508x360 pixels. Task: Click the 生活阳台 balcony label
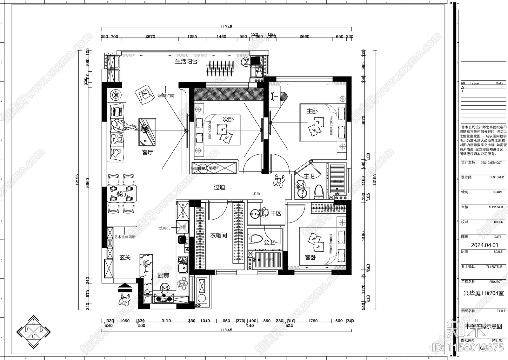click(x=186, y=62)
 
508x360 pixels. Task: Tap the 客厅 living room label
click(x=147, y=152)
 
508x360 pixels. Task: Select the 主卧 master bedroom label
click(x=312, y=111)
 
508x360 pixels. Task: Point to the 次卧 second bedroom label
click(x=228, y=119)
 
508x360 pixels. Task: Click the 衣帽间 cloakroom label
click(x=218, y=235)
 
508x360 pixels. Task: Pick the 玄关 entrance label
click(x=125, y=257)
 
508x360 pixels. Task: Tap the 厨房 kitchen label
click(x=164, y=275)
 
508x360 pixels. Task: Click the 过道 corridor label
click(x=219, y=187)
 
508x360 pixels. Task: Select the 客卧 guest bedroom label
click(x=310, y=257)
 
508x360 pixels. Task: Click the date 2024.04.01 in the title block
click(x=485, y=245)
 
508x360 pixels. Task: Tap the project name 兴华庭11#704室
click(x=483, y=293)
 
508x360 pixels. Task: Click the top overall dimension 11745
click(x=226, y=27)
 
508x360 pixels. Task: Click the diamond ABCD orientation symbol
click(x=34, y=332)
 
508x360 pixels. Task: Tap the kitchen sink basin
click(x=182, y=269)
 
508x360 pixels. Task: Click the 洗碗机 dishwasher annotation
click(x=164, y=228)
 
